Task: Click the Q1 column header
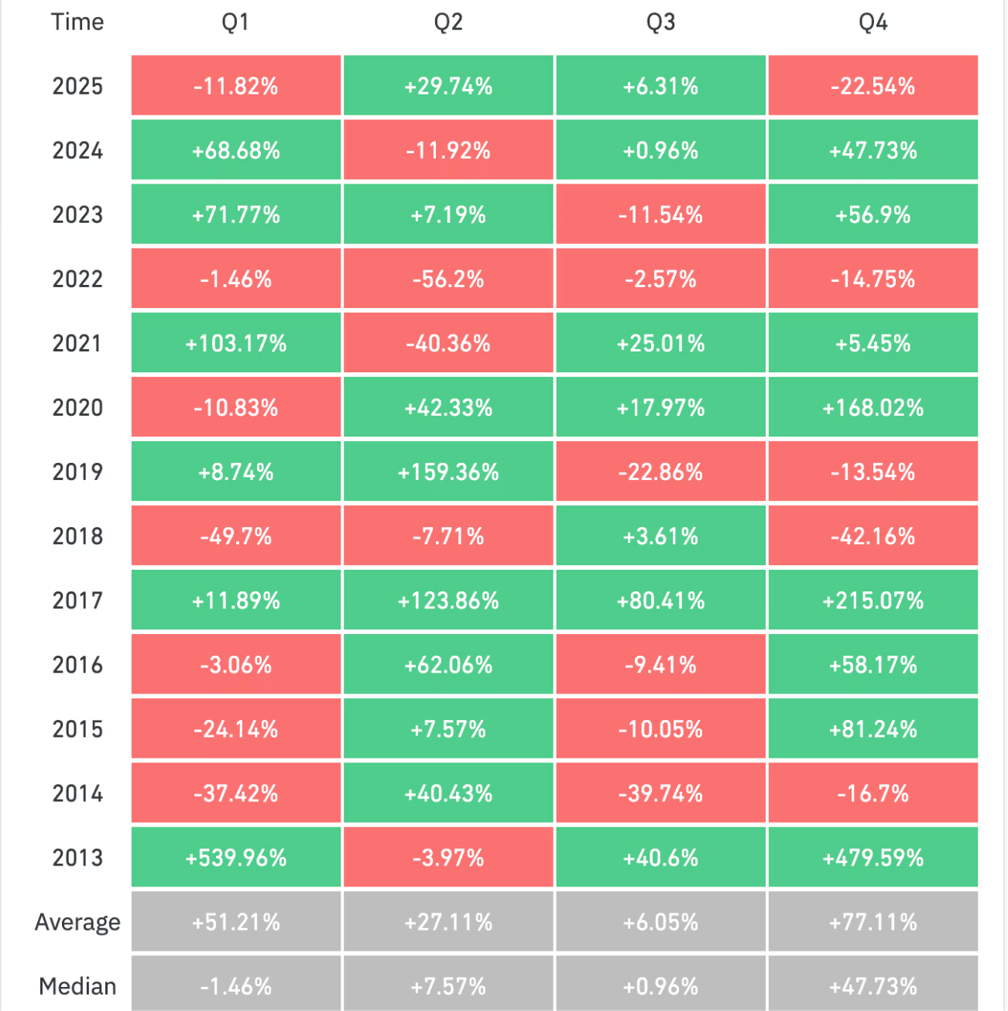[x=235, y=22]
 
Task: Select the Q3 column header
[x=660, y=22]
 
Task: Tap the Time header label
[x=77, y=22]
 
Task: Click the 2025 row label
[x=77, y=86]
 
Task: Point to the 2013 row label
[x=77, y=858]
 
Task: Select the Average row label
[x=77, y=922]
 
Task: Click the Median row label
[x=77, y=986]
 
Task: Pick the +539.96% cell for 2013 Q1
[x=236, y=858]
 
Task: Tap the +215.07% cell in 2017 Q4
[x=873, y=601]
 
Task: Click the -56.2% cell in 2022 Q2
[x=448, y=279]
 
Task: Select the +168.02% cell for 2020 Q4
[x=873, y=408]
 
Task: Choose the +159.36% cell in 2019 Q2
[x=448, y=472]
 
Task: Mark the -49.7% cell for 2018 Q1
[x=236, y=536]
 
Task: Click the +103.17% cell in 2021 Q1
[x=236, y=344]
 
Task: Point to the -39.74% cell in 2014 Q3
[x=660, y=793]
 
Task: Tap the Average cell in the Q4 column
[x=873, y=922]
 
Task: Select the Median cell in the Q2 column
[x=448, y=986]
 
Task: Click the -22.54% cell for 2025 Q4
[x=873, y=86]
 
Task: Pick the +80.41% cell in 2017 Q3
[x=660, y=601]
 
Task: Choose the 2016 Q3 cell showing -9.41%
[x=660, y=665]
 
